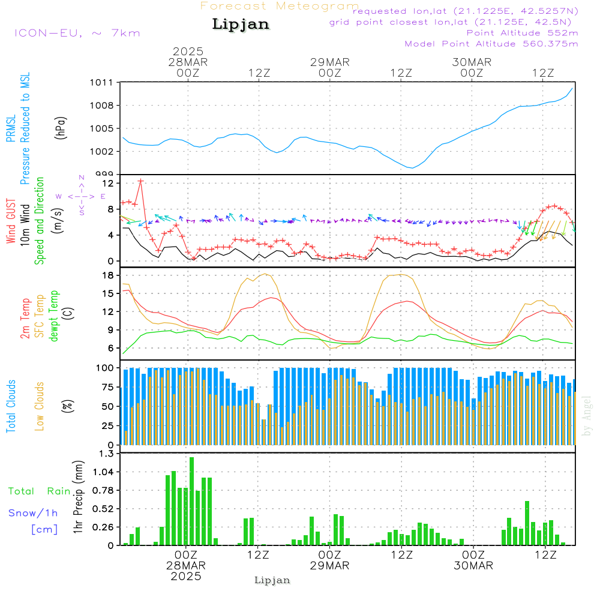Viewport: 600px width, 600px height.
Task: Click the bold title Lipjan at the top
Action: coord(241,25)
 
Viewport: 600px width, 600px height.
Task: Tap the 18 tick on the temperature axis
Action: coord(109,275)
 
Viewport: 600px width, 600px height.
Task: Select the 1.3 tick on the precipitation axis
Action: coord(106,454)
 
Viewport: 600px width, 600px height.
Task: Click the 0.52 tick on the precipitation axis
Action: coord(103,509)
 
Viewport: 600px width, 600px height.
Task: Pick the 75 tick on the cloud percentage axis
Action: coord(109,387)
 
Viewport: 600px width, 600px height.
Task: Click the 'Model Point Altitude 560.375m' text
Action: coord(491,44)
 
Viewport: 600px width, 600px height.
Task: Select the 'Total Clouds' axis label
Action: coord(11,406)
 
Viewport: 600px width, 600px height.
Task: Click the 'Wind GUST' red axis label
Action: coord(11,222)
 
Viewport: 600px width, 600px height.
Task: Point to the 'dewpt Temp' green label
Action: coord(54,316)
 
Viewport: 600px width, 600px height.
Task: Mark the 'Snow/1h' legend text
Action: coord(33,513)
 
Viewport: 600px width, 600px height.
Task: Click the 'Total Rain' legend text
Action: coord(39,491)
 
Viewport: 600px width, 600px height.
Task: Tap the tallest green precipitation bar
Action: coord(191,501)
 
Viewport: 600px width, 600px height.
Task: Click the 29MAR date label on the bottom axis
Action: coord(329,566)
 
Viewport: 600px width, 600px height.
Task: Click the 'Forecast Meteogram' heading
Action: coord(280,6)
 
